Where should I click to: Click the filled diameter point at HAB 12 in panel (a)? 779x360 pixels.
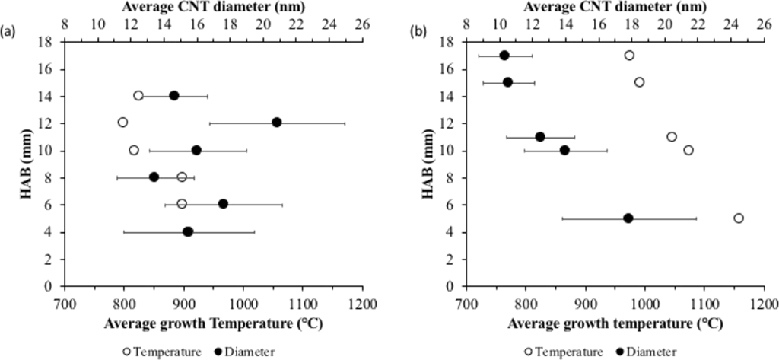point(276,123)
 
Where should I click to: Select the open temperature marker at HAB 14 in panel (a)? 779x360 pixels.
point(138,95)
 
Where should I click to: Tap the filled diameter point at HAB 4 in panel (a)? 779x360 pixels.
point(188,231)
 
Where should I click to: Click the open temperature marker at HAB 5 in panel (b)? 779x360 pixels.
point(738,218)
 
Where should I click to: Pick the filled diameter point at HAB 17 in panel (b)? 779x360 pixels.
point(504,55)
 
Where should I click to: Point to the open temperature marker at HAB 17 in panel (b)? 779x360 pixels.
point(629,55)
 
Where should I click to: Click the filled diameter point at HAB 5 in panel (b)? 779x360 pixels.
point(628,218)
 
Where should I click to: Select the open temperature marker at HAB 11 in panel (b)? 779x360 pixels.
point(671,136)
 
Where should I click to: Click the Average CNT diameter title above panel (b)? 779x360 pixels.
point(613,8)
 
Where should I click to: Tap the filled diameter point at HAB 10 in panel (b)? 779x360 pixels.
point(564,150)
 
